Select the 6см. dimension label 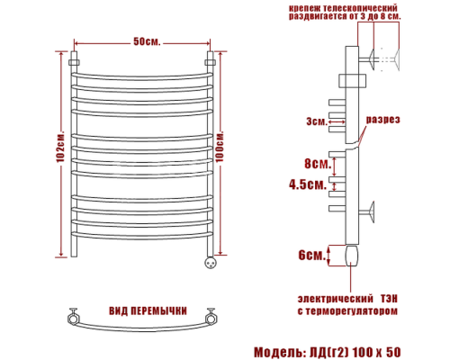pyautogui.click(x=310, y=256)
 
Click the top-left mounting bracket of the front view pyautogui.click(x=76, y=62)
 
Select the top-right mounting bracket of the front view pyautogui.click(x=211, y=62)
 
